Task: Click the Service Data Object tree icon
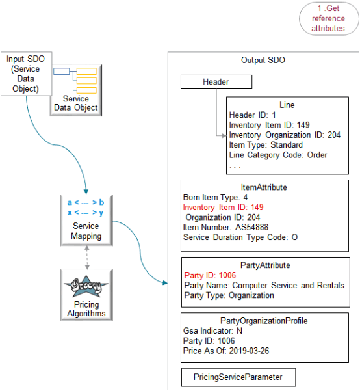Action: [x=76, y=79]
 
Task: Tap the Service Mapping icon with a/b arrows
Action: [x=86, y=204]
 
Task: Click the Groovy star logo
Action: [x=87, y=286]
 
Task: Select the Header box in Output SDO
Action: [x=216, y=82]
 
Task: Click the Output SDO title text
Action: [x=263, y=60]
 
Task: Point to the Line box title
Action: [x=287, y=105]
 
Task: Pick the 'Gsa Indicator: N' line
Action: [x=213, y=330]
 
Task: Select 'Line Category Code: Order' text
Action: [x=278, y=155]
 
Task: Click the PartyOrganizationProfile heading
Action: [x=263, y=321]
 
